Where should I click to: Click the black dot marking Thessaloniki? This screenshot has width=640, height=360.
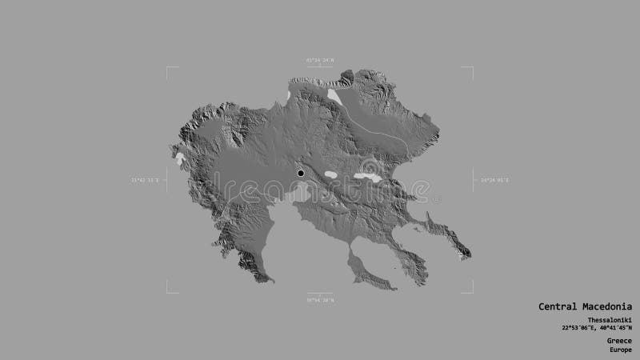click(x=301, y=173)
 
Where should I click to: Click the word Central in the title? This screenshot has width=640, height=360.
click(x=557, y=306)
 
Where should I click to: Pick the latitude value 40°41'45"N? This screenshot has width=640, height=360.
click(x=614, y=328)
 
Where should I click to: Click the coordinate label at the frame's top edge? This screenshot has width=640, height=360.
click(x=320, y=59)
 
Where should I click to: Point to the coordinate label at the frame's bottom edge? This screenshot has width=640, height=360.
click(x=320, y=299)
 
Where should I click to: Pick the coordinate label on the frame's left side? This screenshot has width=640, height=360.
click(x=145, y=180)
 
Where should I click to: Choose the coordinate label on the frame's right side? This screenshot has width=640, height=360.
click(x=494, y=180)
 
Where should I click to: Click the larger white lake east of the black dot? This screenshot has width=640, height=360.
click(x=369, y=177)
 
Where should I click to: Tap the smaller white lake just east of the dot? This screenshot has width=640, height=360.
click(x=330, y=174)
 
